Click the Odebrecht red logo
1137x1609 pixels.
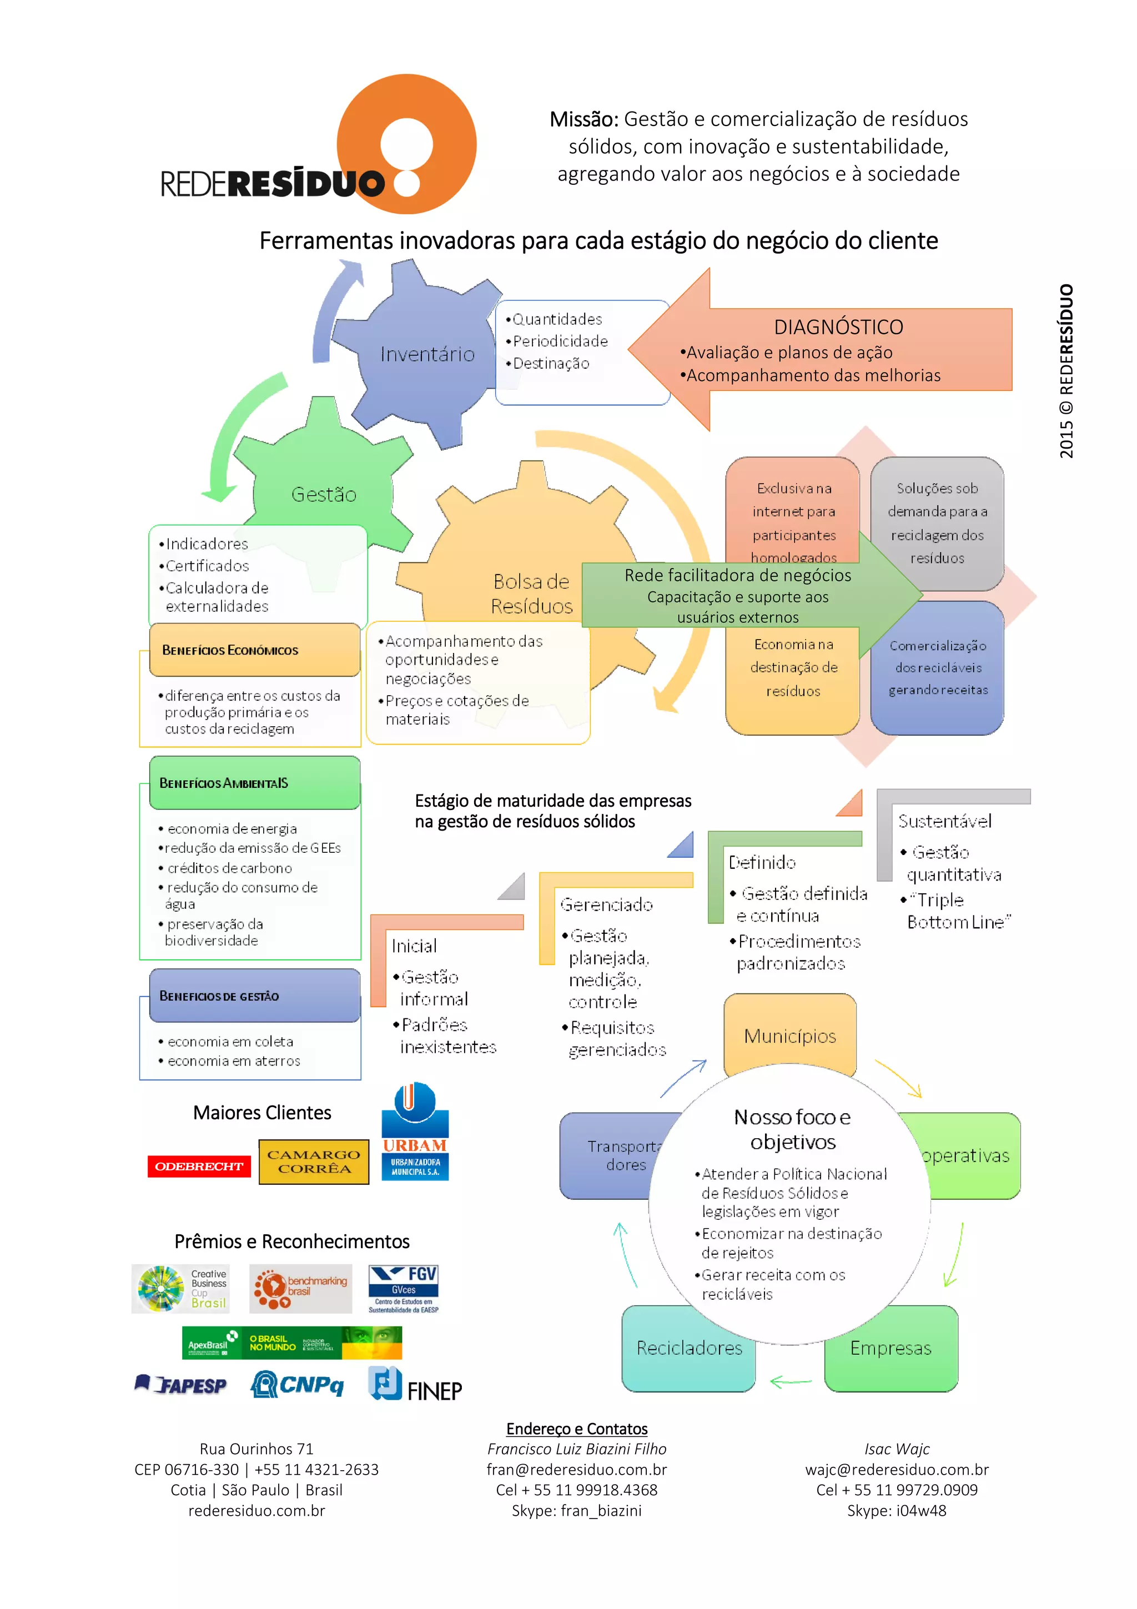(x=199, y=1166)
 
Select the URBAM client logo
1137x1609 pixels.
(x=415, y=1132)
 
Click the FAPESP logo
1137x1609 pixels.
(x=182, y=1384)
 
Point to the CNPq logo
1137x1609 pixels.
(x=297, y=1384)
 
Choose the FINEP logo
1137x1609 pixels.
(x=415, y=1385)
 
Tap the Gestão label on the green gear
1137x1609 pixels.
(x=324, y=495)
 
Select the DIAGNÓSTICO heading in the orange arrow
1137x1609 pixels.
(x=838, y=327)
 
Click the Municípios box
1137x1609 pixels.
(x=789, y=1036)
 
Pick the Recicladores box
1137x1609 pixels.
(x=688, y=1347)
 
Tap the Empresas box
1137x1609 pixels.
(x=891, y=1347)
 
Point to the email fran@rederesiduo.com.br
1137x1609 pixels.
(x=577, y=1470)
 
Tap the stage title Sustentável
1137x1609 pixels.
(x=944, y=821)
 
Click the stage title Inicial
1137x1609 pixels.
(x=414, y=946)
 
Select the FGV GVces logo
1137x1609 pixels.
(x=404, y=1288)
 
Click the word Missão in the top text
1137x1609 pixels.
(x=583, y=120)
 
